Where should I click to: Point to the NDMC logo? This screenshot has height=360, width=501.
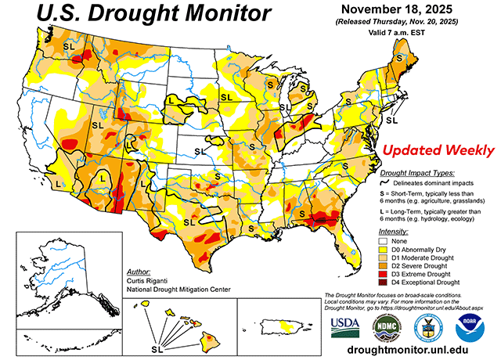point(386,326)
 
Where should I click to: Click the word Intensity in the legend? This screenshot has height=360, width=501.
point(393,233)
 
